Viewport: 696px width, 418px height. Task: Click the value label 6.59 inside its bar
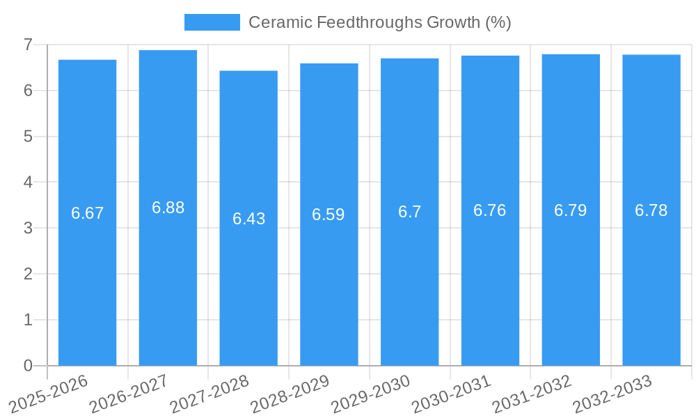pyautogui.click(x=329, y=215)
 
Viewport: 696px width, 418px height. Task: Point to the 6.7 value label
pyautogui.click(x=410, y=212)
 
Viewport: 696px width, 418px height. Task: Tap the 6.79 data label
pyautogui.click(x=571, y=210)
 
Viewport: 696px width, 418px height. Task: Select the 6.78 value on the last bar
pyautogui.click(x=651, y=210)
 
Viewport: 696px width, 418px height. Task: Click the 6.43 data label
pyautogui.click(x=248, y=219)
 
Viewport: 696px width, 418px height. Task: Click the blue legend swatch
pyautogui.click(x=212, y=22)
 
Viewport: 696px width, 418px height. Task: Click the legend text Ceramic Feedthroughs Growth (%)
pyautogui.click(x=380, y=22)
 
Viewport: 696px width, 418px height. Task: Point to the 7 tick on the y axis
pyautogui.click(x=28, y=45)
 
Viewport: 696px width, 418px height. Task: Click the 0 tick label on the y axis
pyautogui.click(x=28, y=366)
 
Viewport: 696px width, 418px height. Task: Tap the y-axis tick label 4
pyautogui.click(x=28, y=183)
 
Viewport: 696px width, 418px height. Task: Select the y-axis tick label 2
pyautogui.click(x=28, y=274)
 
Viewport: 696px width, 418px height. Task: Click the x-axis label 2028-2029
pyautogui.click(x=290, y=394)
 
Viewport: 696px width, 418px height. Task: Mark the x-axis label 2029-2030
pyautogui.click(x=370, y=394)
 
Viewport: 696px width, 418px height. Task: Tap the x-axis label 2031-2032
pyautogui.click(x=532, y=394)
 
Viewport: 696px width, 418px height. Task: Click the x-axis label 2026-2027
pyautogui.click(x=129, y=394)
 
